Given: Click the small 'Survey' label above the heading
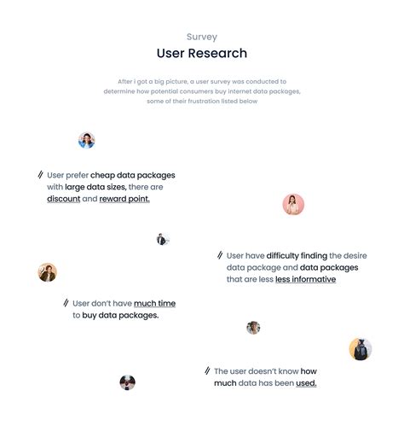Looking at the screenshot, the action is point(202,37).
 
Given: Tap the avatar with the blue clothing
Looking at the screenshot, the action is point(87,140).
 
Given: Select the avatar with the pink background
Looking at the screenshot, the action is point(293,204).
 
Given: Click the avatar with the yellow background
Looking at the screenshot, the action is point(361,349).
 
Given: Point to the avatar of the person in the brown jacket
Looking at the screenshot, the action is point(48,272).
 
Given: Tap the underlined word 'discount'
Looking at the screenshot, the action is point(64,199).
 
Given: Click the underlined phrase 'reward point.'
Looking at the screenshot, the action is point(124,199).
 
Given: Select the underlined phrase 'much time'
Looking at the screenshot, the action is point(154,303).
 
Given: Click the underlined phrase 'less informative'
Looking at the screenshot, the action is point(305,279).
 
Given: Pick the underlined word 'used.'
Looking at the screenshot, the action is point(306,383).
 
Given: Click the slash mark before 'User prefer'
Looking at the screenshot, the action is point(40,175).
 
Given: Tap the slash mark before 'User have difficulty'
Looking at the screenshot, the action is point(220,255).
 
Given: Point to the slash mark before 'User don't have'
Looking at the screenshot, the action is point(66,303).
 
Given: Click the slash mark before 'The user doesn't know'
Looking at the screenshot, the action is point(207,370).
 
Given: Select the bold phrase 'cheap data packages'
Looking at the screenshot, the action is point(133,175).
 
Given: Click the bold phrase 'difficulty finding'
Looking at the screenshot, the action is point(297,256).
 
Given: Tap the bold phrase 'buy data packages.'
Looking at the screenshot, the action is point(120,315).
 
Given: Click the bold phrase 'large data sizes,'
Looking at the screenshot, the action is point(95,187).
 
